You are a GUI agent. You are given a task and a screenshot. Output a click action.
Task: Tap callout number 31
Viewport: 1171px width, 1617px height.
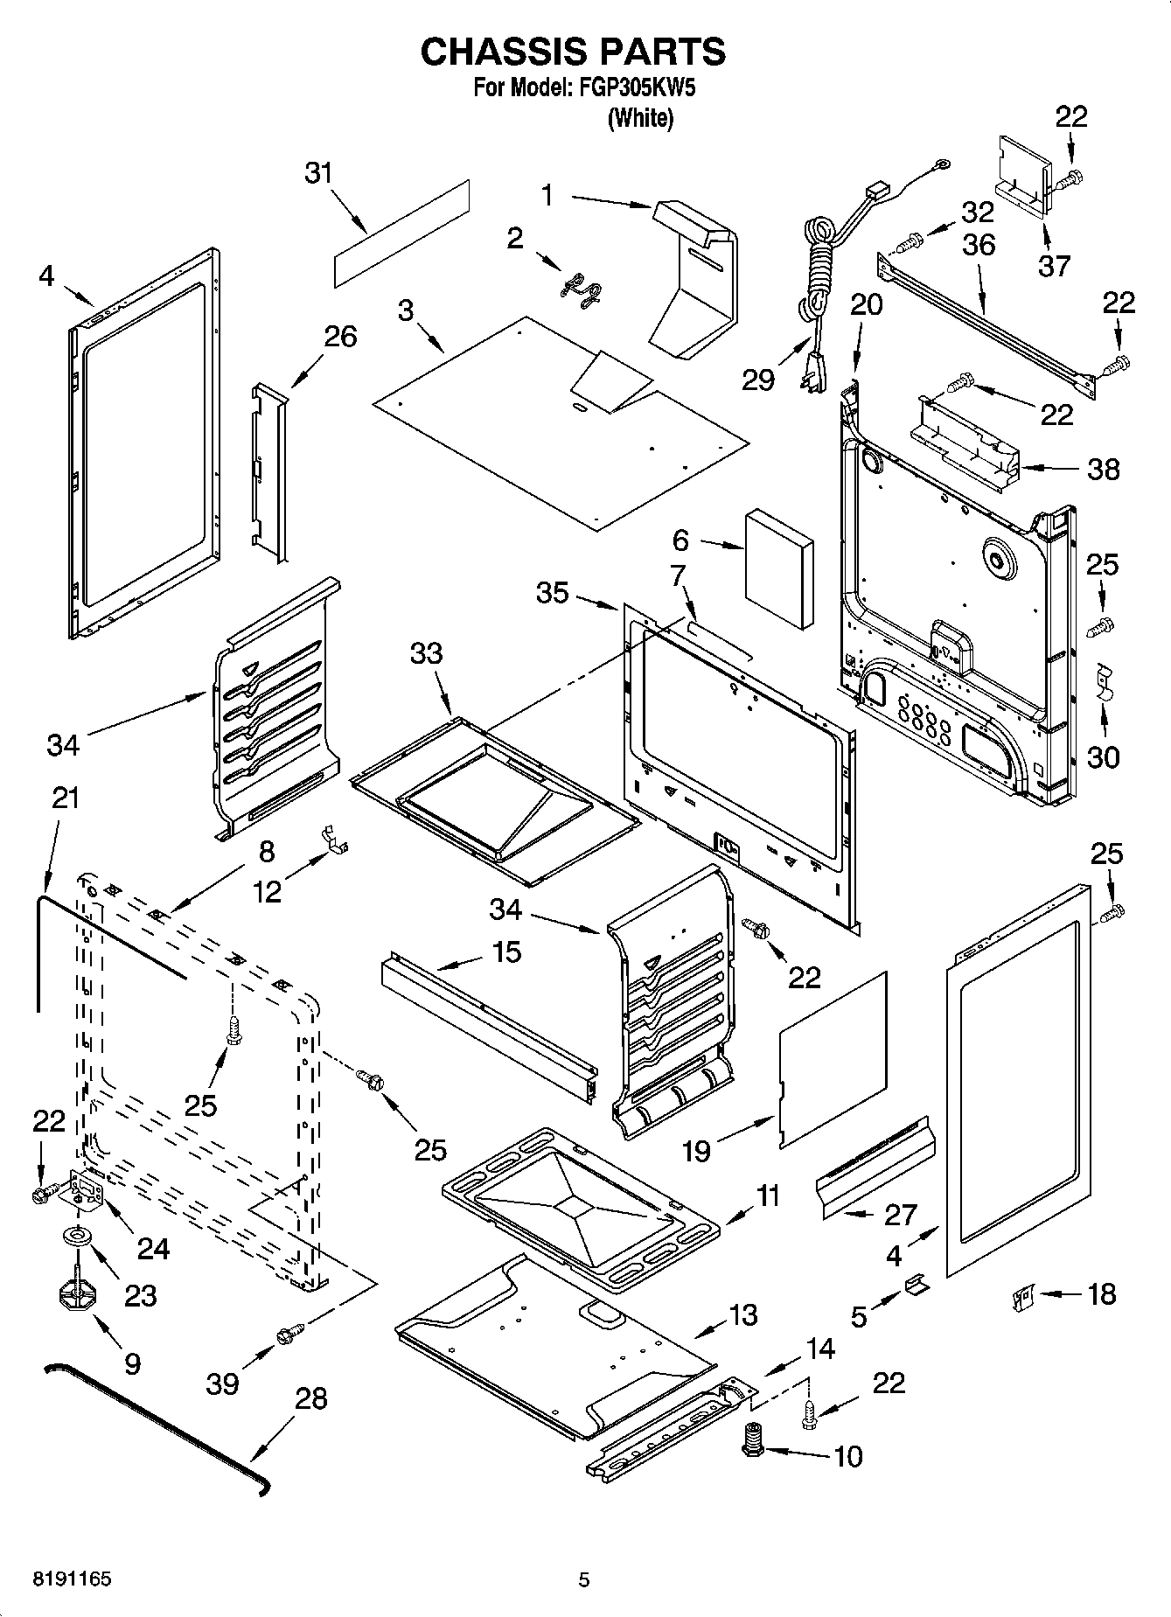tap(319, 173)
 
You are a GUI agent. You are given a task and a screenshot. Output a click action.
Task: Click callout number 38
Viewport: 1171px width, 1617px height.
tap(1103, 470)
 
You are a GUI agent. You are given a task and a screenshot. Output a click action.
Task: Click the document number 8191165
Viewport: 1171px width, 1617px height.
tap(72, 1579)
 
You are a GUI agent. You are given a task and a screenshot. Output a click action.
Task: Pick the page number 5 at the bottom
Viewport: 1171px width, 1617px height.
tap(584, 1579)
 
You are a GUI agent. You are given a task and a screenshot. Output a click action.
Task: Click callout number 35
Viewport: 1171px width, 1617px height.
tap(553, 592)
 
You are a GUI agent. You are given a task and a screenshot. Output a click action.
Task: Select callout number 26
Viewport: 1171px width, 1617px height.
tap(341, 336)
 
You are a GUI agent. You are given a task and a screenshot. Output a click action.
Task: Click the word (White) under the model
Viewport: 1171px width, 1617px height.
tap(640, 118)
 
